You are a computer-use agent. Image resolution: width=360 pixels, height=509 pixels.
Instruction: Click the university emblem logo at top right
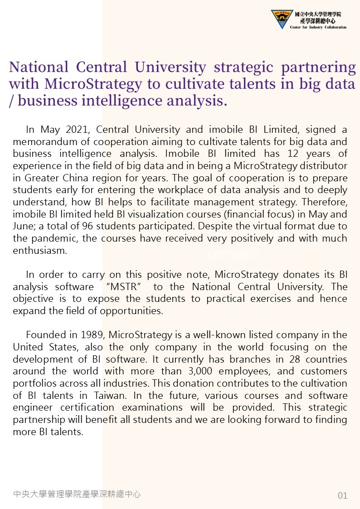(281, 19)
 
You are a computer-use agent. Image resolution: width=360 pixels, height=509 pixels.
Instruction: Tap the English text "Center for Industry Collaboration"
(318, 27)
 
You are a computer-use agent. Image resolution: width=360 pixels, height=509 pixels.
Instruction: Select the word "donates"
(301, 275)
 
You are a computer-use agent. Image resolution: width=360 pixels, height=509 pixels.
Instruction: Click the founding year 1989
(94, 335)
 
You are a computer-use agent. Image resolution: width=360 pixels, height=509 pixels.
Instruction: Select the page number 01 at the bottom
(343, 495)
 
